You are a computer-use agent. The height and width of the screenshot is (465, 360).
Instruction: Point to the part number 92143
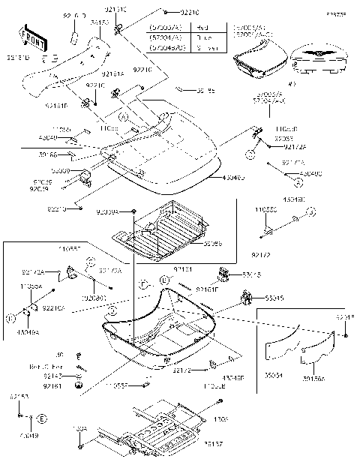coord(52,376)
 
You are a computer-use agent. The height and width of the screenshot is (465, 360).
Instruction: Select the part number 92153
coord(19,395)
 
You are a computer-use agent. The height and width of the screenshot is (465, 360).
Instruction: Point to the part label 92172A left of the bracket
coord(32,271)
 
